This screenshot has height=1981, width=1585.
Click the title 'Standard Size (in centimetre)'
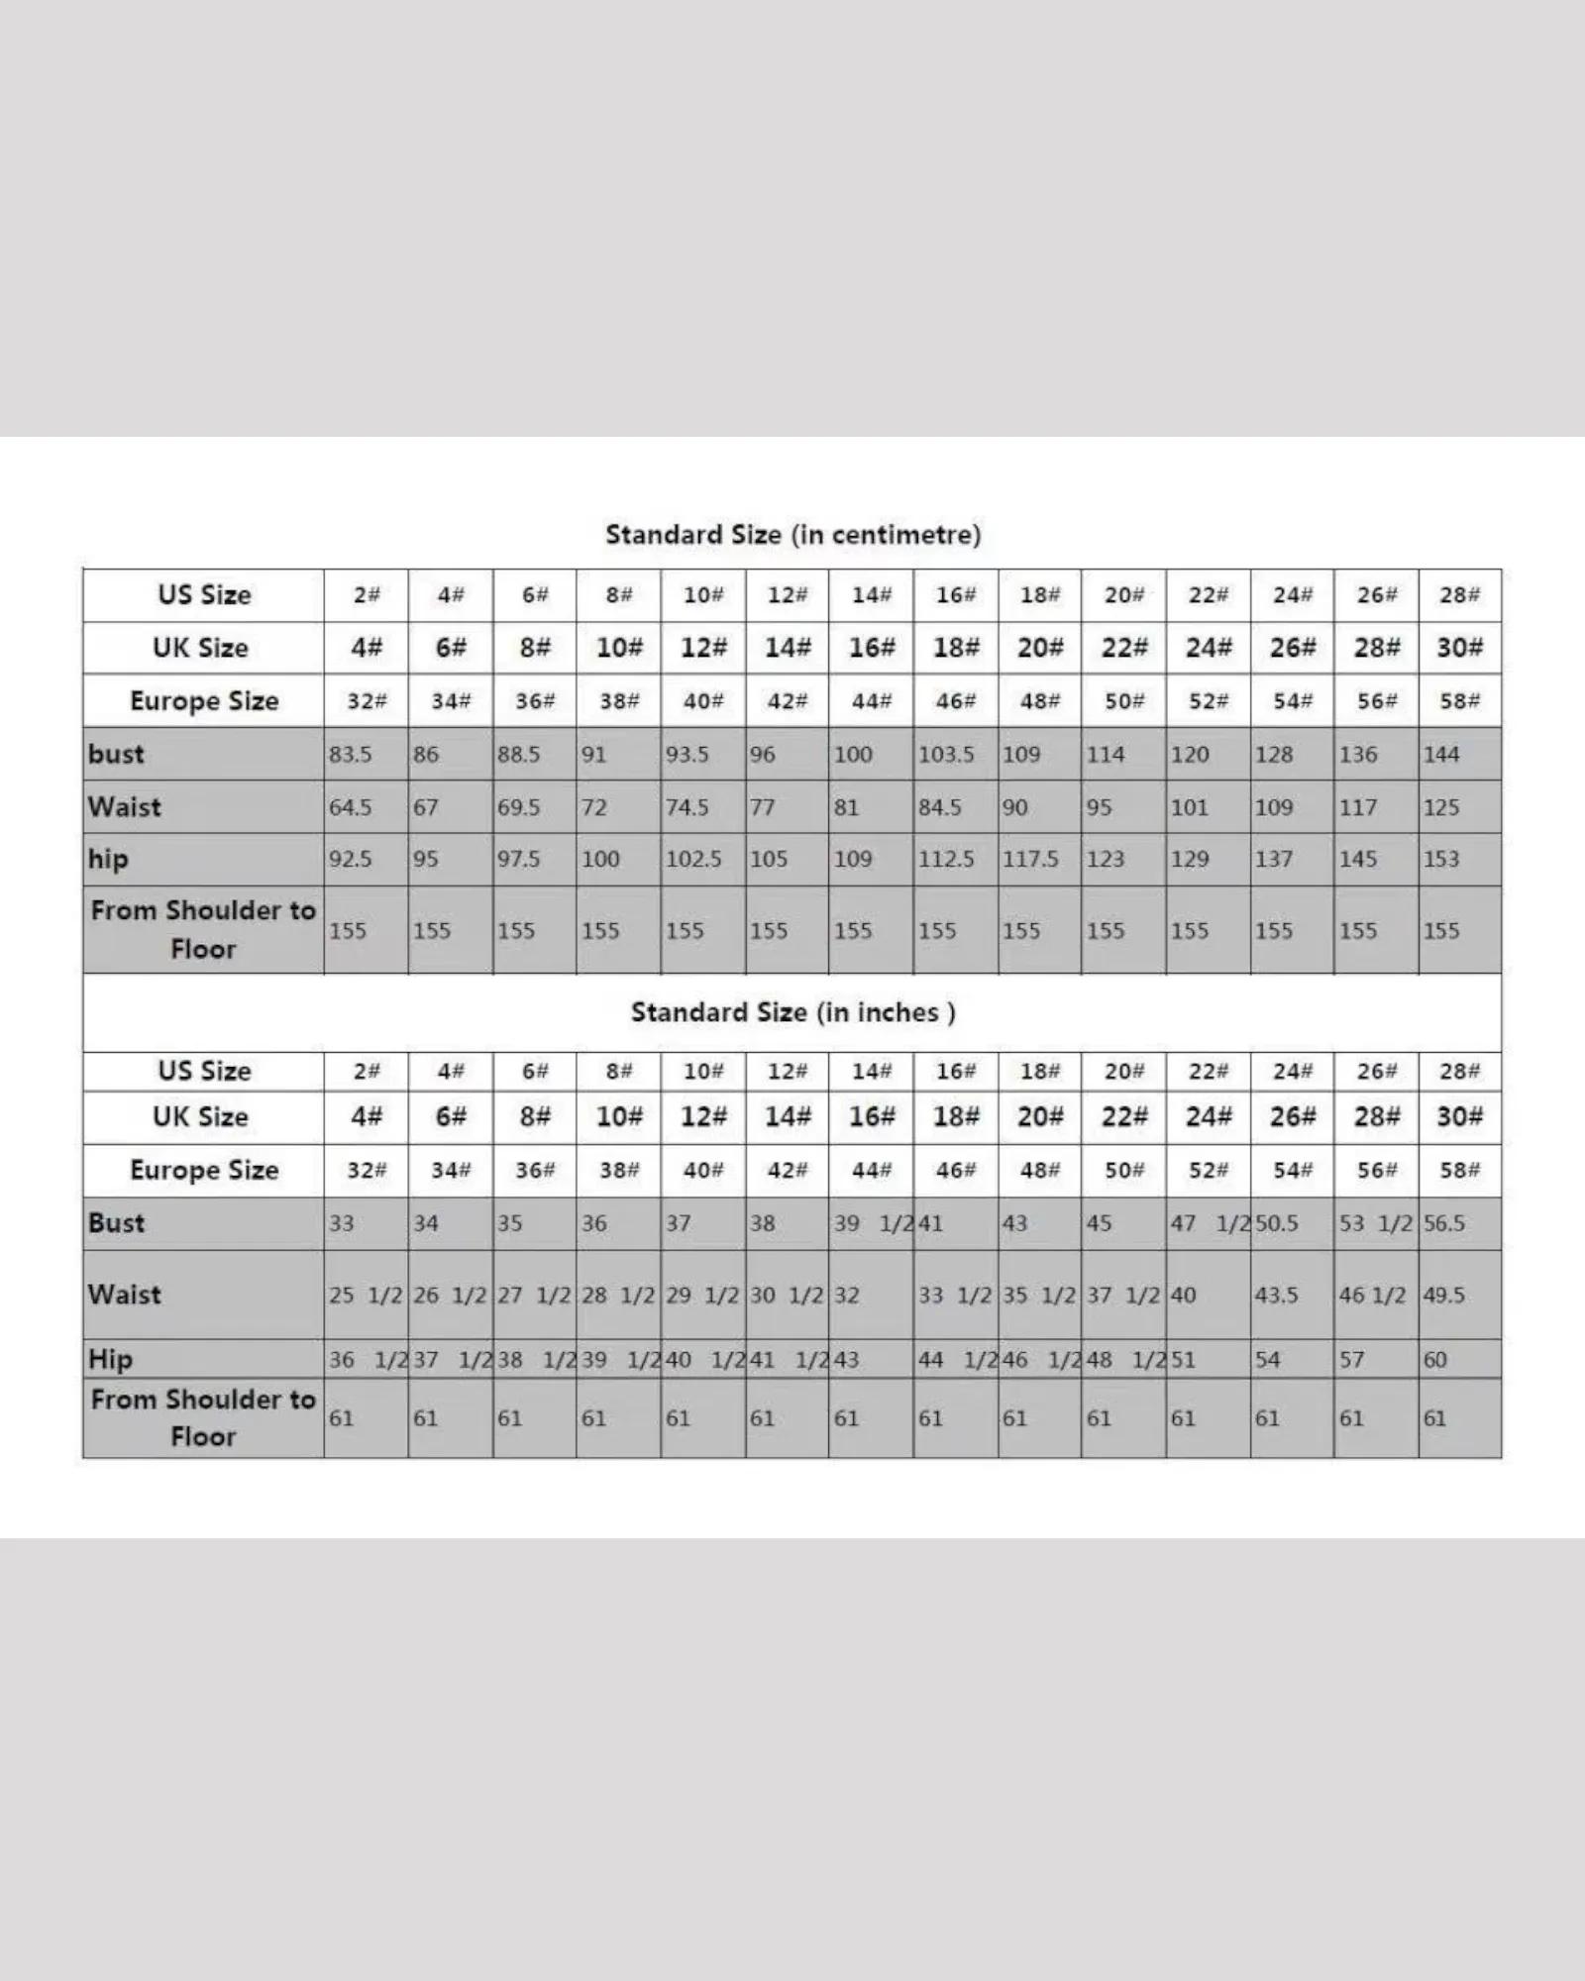(x=792, y=535)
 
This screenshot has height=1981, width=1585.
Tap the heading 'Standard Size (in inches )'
(x=792, y=1012)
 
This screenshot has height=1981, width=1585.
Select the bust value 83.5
(x=350, y=755)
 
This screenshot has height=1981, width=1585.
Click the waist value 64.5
(x=350, y=807)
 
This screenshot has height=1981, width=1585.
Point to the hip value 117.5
(x=1030, y=859)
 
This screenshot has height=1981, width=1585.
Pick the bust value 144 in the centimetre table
(x=1441, y=755)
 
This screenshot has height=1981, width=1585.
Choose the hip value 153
(x=1441, y=859)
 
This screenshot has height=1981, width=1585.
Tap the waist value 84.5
(x=939, y=807)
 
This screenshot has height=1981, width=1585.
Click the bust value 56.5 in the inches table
(x=1444, y=1223)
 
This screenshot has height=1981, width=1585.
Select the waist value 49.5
(x=1444, y=1295)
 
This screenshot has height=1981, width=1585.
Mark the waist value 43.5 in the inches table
(x=1276, y=1295)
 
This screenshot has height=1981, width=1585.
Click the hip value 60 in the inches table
(x=1435, y=1360)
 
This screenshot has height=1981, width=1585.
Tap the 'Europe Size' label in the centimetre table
(x=204, y=701)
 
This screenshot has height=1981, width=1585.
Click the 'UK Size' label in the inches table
(x=200, y=1117)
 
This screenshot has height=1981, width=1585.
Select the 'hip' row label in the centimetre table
(x=108, y=859)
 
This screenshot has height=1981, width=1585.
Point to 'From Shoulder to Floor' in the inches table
(x=203, y=1417)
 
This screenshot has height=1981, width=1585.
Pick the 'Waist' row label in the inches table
(x=124, y=1295)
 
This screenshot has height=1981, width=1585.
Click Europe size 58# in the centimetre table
(x=1460, y=701)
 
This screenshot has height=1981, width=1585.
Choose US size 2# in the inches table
(x=367, y=1072)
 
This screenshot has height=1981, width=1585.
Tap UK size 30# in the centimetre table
(x=1460, y=648)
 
